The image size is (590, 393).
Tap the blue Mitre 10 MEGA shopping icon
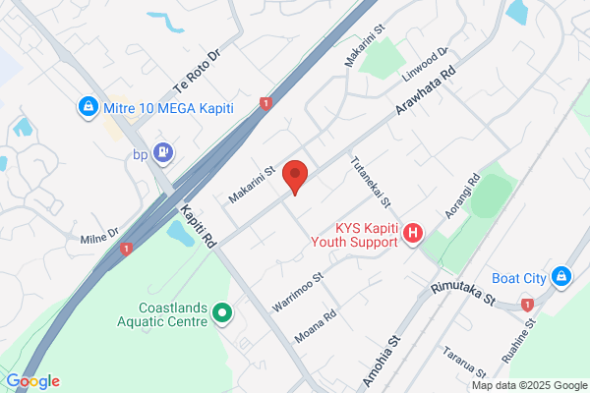[88, 105]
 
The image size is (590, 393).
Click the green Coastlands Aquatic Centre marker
[222, 313]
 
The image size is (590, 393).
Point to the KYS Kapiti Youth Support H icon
[414, 234]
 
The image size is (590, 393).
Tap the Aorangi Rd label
[460, 196]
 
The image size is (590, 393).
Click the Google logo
[32, 381]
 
